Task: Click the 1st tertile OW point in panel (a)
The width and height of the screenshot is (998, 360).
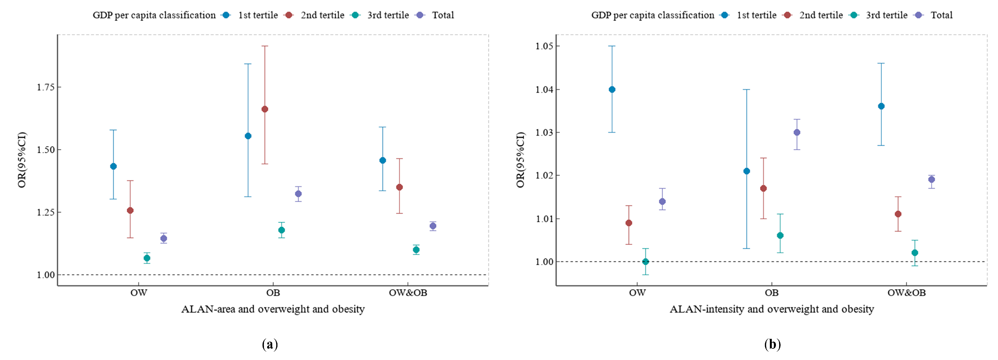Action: [113, 166]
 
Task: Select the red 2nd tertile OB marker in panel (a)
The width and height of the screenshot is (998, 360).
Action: [265, 109]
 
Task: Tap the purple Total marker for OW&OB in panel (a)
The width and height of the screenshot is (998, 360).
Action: [433, 226]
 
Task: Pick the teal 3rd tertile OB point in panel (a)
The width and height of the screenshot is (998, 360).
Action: [282, 230]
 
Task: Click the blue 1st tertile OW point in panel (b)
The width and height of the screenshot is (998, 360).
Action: [612, 90]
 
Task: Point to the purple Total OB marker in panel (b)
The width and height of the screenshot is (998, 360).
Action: [797, 133]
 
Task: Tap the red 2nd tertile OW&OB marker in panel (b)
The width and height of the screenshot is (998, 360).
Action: [898, 214]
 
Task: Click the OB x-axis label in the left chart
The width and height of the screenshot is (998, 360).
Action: [273, 293]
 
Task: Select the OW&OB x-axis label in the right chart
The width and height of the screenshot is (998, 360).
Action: [907, 293]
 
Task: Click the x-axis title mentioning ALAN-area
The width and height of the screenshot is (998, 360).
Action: [273, 309]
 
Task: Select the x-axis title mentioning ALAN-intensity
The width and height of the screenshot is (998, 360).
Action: [772, 309]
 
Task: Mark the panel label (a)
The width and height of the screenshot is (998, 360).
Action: [270, 344]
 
